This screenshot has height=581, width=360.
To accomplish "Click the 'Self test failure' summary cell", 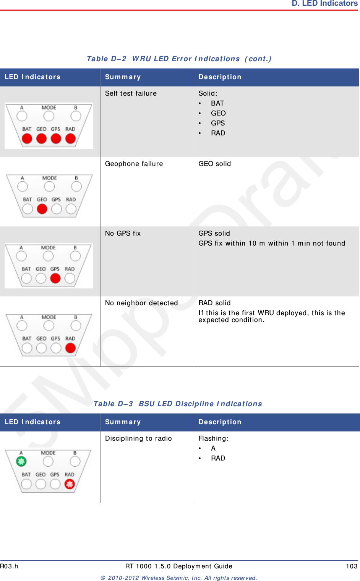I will pyautogui.click(x=131, y=93).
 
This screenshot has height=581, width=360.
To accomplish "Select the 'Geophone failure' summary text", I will pyautogui.click(x=134, y=164).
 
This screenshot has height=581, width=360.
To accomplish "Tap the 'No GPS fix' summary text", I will pyautogui.click(x=123, y=233).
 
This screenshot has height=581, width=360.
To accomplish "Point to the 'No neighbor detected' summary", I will pyautogui.click(x=141, y=303).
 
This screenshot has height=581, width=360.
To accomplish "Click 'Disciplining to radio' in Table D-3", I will pyautogui.click(x=138, y=438).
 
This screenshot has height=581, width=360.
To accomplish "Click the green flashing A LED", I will pyautogui.click(x=21, y=461).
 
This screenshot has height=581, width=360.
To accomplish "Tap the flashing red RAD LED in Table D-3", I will pyautogui.click(x=70, y=484).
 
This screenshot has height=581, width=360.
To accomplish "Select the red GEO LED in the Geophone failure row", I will pyautogui.click(x=42, y=209).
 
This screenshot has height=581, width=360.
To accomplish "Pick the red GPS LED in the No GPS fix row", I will pyautogui.click(x=55, y=278).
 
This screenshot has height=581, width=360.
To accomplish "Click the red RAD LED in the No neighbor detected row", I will pyautogui.click(x=70, y=348).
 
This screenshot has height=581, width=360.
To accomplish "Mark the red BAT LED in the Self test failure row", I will pyautogui.click(x=27, y=138).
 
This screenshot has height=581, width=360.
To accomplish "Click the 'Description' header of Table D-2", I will pyautogui.click(x=220, y=77).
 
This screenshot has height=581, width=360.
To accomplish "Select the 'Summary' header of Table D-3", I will pyautogui.click(x=123, y=422).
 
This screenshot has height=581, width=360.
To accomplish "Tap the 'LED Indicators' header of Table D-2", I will pyautogui.click(x=32, y=77).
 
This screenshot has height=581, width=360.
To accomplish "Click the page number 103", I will pyautogui.click(x=352, y=566).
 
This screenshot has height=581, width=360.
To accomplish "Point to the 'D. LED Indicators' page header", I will pyautogui.click(x=325, y=3).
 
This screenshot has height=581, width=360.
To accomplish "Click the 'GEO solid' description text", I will pyautogui.click(x=214, y=164).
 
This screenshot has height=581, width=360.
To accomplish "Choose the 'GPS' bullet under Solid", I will pyautogui.click(x=218, y=123).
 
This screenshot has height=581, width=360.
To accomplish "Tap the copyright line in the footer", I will pyautogui.click(x=178, y=578).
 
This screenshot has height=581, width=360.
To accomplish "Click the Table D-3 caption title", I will pyautogui.click(x=178, y=404).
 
